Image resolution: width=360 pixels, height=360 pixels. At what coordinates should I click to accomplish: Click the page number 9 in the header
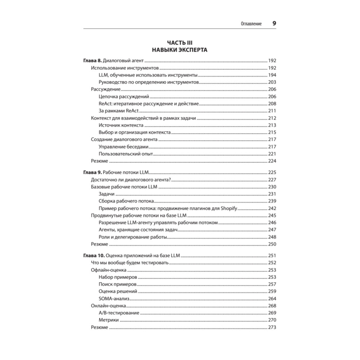tap(274, 23)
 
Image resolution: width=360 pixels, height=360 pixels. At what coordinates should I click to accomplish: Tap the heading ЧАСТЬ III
tap(179, 43)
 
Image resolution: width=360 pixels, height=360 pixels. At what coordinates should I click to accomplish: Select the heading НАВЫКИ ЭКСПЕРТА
tap(179, 50)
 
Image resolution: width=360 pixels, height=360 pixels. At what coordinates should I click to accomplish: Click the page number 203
tap(272, 82)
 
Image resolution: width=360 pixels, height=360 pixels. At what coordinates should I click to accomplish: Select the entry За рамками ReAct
tap(118, 111)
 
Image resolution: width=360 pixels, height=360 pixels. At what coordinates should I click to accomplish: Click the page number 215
tap(272, 132)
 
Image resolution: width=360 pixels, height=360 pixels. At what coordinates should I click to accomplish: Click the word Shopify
tap(226, 208)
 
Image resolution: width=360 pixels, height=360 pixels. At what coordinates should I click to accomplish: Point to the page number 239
tap(272, 201)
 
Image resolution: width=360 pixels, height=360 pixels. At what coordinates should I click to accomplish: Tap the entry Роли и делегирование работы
tap(132, 237)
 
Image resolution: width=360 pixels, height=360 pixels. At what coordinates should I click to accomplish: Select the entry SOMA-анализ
tap(114, 299)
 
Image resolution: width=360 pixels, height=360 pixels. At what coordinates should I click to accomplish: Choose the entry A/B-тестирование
tap(118, 313)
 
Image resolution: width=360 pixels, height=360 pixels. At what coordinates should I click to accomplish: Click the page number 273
tap(272, 328)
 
